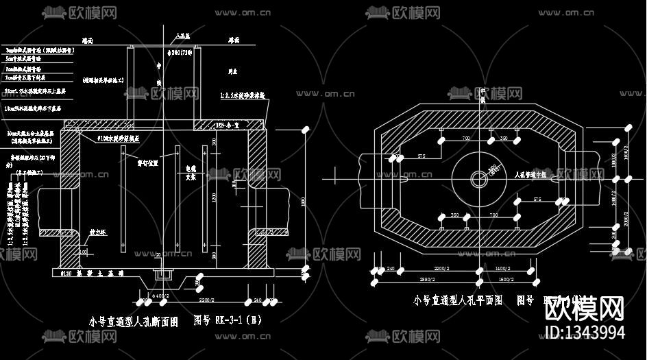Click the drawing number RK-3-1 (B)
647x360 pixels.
228,320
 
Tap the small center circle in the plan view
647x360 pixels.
477,179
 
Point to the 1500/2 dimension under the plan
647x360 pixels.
507,280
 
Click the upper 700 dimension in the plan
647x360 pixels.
465,139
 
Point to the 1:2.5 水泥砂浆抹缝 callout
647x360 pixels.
242,96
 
